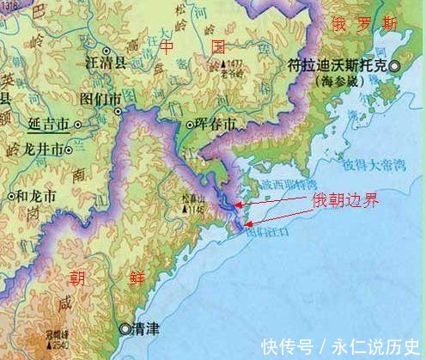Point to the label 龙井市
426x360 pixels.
(x=38, y=149)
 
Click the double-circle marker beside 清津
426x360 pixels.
(x=126, y=328)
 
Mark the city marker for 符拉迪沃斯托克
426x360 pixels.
(x=394, y=66)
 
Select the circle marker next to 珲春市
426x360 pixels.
(x=191, y=125)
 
